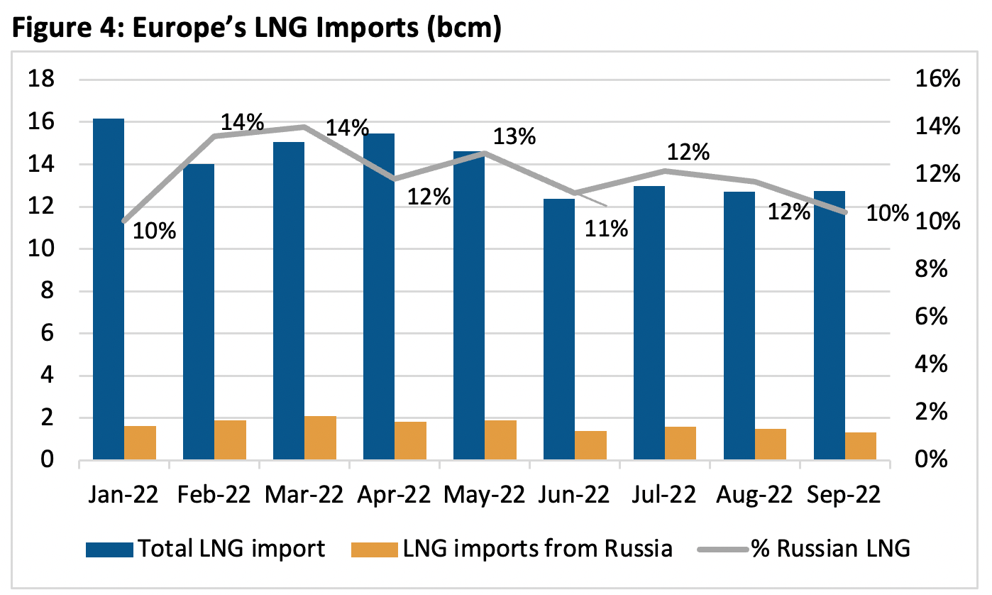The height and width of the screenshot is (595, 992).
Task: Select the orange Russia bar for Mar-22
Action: (320, 438)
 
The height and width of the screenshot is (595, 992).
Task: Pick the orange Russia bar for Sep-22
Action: (861, 447)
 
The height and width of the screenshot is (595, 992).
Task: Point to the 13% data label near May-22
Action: (514, 136)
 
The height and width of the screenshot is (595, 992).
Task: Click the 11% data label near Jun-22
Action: (607, 229)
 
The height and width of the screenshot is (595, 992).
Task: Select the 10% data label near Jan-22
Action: (154, 231)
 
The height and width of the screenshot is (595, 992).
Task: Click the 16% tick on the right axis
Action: (936, 80)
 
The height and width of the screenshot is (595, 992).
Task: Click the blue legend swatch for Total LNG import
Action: (109, 549)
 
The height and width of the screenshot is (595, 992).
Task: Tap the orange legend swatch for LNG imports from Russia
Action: (373, 549)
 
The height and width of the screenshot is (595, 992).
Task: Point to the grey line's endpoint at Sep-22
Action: (845, 212)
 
